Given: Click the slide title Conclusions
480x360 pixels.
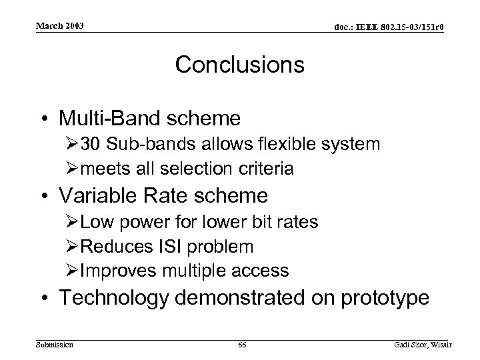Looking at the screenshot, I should pos(239,65).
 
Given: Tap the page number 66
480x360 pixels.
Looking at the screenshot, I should pos(241,345).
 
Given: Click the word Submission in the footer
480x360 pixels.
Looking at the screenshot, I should pos(54,345).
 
